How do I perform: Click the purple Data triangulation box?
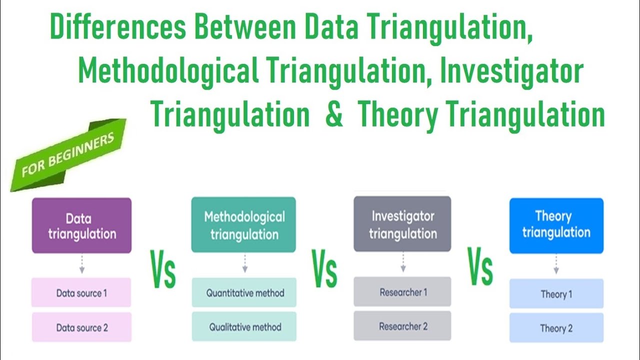[x=81, y=225]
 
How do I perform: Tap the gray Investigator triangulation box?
[x=402, y=224]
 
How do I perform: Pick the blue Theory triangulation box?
[x=556, y=225]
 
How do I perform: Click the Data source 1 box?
[x=81, y=292]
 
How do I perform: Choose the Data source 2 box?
[x=81, y=327]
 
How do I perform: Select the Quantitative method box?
[x=244, y=292]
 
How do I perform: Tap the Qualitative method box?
[x=244, y=327]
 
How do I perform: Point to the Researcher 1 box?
[x=403, y=291]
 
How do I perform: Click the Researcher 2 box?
[x=403, y=326]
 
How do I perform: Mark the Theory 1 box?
[x=556, y=293]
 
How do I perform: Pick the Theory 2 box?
[x=556, y=328]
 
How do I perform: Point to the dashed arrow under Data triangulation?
[x=81, y=263]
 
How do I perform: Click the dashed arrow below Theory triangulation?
[x=556, y=264]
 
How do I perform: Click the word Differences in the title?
[x=118, y=29]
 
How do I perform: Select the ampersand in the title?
[x=333, y=114]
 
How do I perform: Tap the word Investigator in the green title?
[x=511, y=71]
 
